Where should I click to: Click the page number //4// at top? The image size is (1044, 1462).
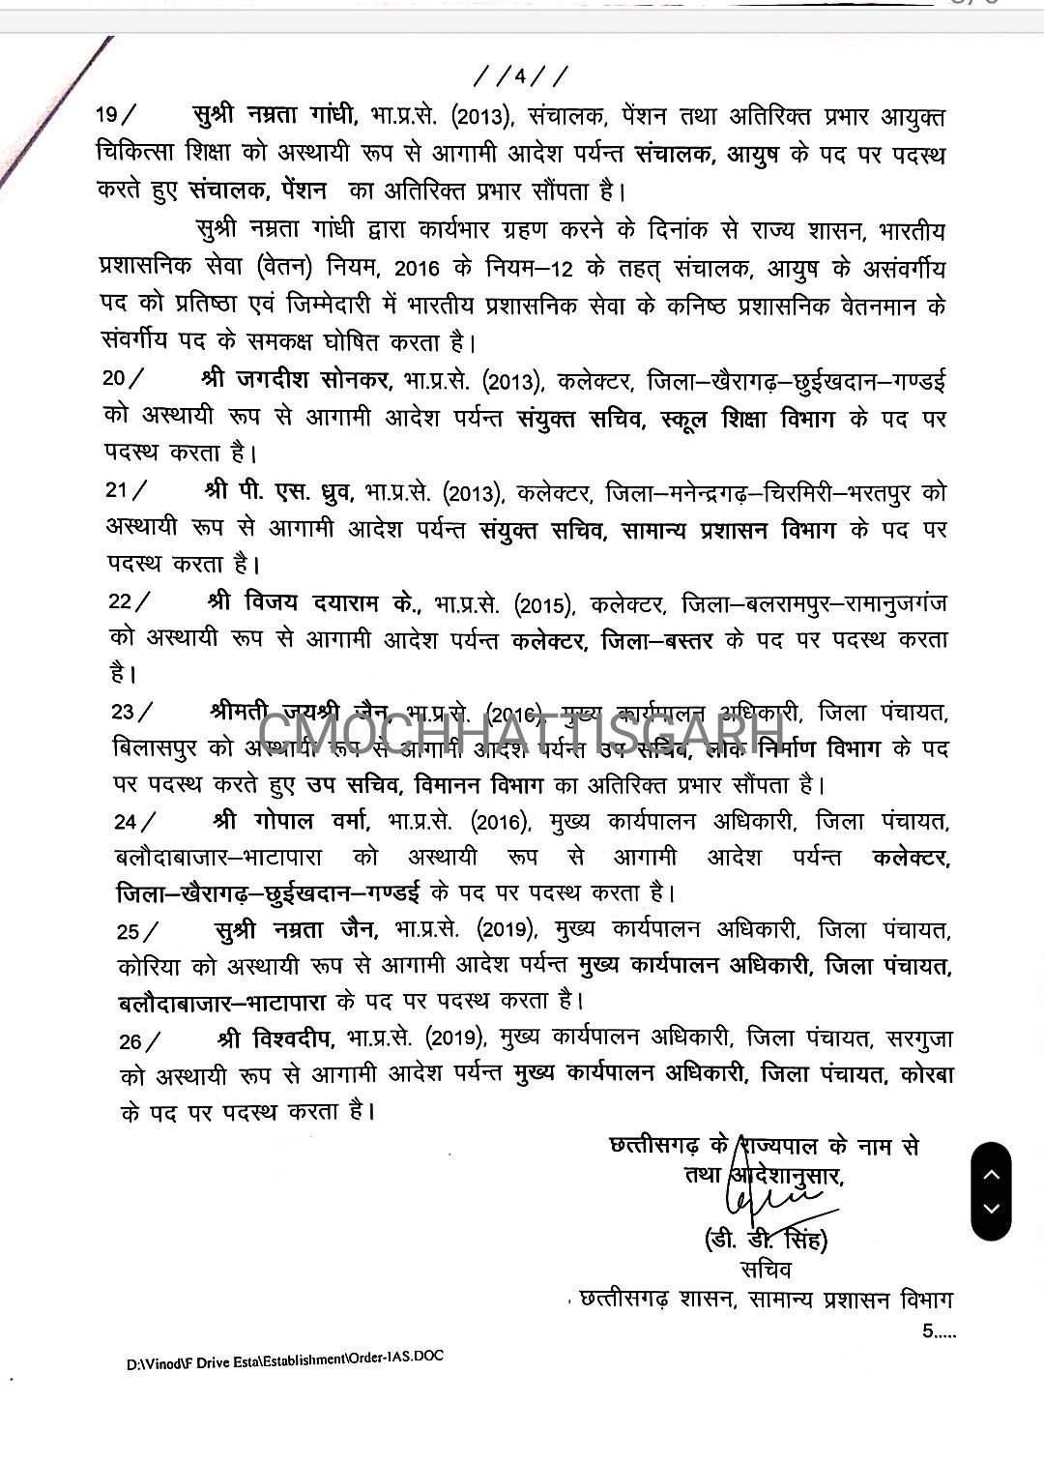coord(521,74)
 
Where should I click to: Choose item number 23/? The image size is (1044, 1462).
coord(131,712)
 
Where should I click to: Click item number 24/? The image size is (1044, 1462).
coord(132,821)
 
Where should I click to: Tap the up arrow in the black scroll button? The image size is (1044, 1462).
coord(991,1175)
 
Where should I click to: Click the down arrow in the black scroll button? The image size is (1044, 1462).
coord(991,1209)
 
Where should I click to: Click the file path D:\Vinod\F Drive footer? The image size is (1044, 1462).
coord(286,1360)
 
